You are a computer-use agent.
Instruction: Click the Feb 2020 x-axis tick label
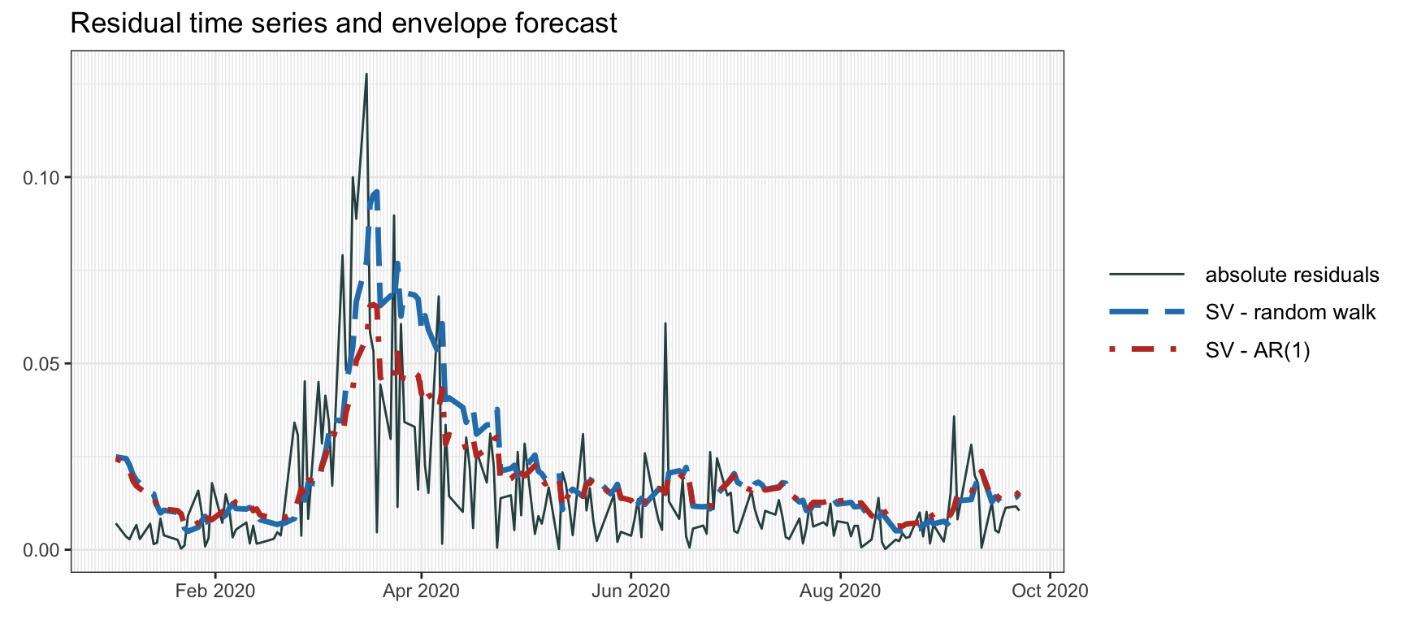pos(215,591)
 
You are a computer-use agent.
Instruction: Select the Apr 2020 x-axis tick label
pos(421,591)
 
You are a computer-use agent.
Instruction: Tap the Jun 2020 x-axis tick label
pos(630,591)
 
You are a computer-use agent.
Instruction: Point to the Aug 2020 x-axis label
pos(840,591)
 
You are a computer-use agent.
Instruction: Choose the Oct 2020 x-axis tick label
pos(1050,591)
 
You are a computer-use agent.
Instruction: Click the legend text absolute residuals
pos(1292,275)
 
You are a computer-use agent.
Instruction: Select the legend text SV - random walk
pos(1290,313)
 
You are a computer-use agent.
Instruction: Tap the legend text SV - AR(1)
pos(1258,350)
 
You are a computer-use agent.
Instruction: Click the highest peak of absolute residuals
pos(366,75)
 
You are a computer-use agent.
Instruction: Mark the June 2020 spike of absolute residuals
pos(665,323)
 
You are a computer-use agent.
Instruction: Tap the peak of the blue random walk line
pos(376,192)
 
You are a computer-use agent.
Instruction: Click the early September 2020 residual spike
pos(954,417)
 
